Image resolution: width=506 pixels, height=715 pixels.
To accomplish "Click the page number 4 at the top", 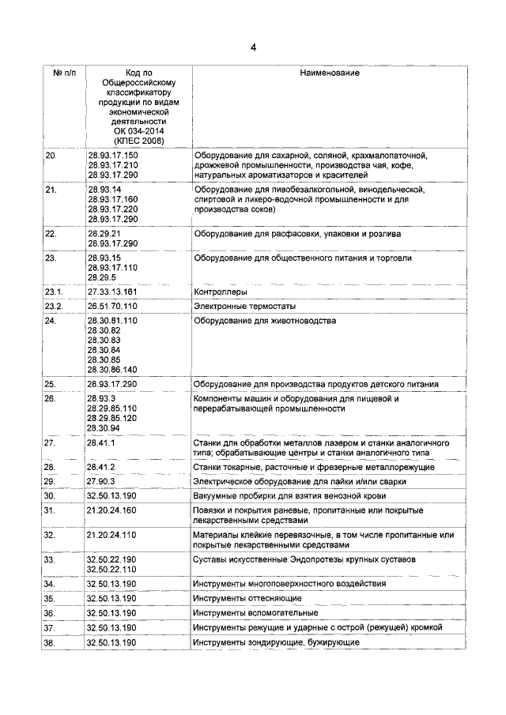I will tap(253, 47).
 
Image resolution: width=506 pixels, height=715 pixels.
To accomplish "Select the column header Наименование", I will tap(330, 73).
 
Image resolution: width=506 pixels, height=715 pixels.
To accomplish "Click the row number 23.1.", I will tap(54, 292).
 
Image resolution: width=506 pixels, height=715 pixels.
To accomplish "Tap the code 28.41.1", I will tap(101, 443).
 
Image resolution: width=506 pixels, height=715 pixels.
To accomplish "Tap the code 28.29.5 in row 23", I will tap(101, 277).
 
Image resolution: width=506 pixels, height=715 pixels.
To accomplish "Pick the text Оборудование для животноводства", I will tap(265, 321).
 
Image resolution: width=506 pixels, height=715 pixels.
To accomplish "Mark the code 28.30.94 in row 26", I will tap(103, 427).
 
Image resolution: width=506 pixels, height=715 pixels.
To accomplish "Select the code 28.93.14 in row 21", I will tap(103, 190).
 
